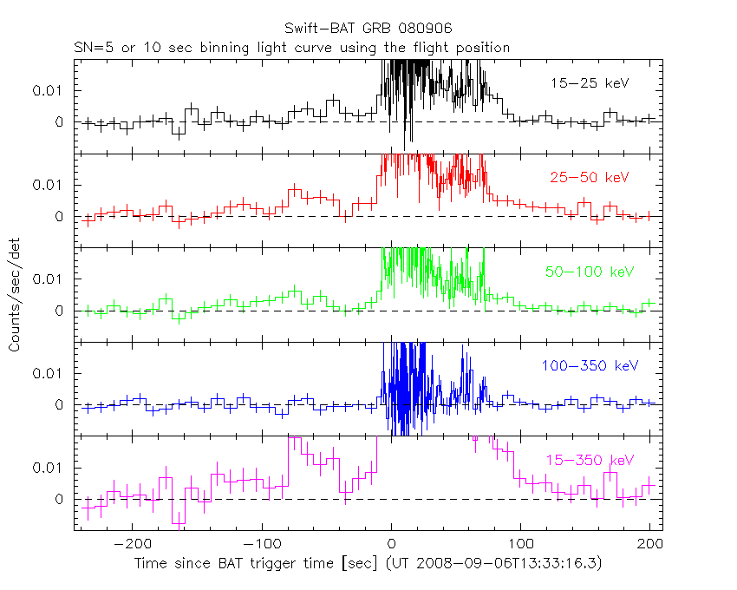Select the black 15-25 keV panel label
tap(589, 83)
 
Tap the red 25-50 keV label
tap(589, 178)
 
